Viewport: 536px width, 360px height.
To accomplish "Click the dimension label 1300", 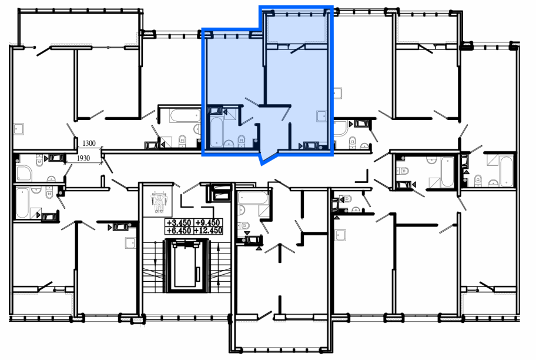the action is (x=89, y=144).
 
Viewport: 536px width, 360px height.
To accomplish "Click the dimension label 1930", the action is (x=83, y=158).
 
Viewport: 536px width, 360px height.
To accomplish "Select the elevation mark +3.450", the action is (x=179, y=223).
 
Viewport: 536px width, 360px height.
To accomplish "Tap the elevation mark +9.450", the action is (x=208, y=223).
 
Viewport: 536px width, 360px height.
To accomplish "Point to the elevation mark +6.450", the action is (x=179, y=231).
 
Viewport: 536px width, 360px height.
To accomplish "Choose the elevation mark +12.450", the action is (x=208, y=231).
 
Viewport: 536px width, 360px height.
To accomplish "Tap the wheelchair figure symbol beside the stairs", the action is (x=159, y=202).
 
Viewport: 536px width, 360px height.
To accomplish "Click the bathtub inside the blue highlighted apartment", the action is (x=216, y=131).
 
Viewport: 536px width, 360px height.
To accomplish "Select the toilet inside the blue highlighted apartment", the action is (x=242, y=141).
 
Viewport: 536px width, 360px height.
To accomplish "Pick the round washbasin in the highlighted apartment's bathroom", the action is (x=229, y=144).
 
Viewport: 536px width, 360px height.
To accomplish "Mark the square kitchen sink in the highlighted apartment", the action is (x=321, y=116).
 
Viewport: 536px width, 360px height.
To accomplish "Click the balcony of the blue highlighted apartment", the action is (x=296, y=29).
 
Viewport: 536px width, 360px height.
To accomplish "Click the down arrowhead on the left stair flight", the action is (x=155, y=261).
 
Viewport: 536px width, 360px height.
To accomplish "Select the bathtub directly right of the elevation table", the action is (x=253, y=198).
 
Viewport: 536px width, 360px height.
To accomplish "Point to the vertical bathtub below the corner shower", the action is (x=22, y=202).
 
